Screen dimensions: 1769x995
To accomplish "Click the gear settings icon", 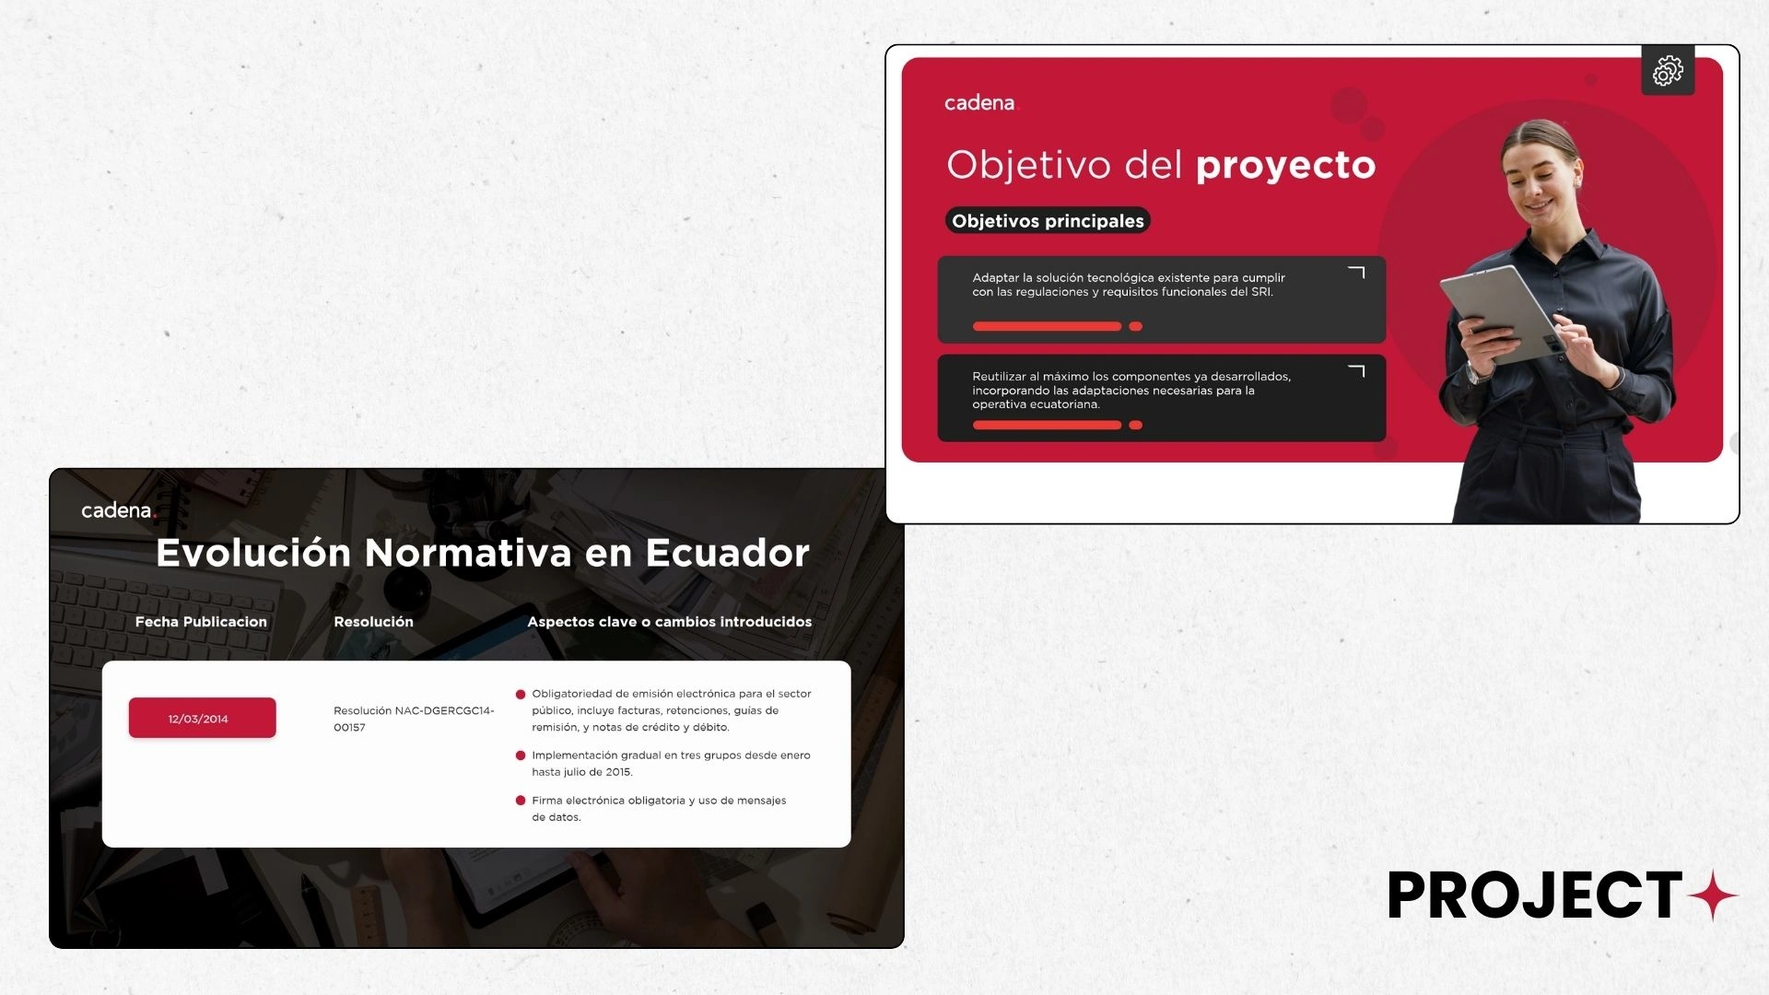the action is (1668, 70).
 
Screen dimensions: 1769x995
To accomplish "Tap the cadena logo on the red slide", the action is (981, 103).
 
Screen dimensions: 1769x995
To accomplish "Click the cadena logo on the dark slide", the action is (119, 510).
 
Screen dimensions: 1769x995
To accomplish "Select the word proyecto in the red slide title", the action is (1285, 166).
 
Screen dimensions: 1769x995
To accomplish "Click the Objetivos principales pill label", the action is (1048, 221).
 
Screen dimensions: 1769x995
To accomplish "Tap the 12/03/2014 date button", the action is (202, 718).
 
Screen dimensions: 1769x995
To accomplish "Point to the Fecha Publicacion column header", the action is (201, 622).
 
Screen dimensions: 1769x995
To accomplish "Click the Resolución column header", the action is (373, 622).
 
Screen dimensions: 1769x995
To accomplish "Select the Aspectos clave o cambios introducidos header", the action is (669, 622).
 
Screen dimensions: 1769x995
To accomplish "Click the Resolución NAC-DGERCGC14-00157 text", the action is (414, 719).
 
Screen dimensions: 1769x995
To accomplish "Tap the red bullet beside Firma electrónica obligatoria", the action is (521, 801).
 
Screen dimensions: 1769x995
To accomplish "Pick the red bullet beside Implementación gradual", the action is (521, 755).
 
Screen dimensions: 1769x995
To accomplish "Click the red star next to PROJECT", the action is (1714, 895).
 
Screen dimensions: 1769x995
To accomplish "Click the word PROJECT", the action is (1535, 895).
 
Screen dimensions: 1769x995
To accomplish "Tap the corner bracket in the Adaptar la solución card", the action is (1356, 273).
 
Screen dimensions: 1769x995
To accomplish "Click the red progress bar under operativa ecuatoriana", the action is (1047, 425).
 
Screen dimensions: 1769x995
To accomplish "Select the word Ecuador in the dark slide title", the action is (727, 553).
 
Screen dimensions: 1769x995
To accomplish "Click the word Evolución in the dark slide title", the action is (253, 553).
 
